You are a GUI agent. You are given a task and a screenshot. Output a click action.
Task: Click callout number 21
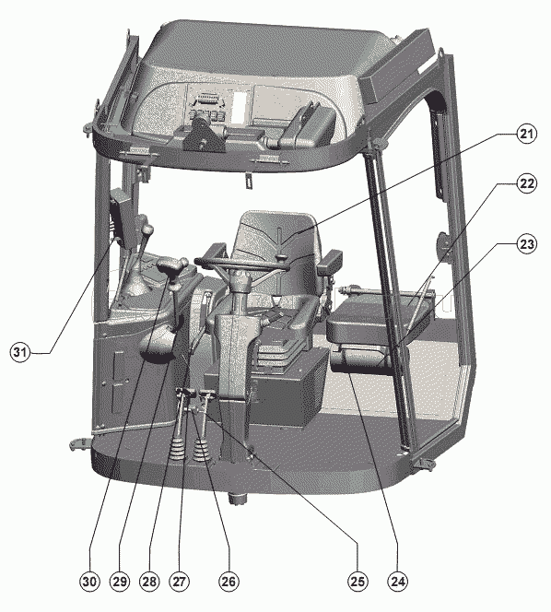pyautogui.click(x=526, y=134)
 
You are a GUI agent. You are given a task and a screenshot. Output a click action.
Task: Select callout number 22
pyautogui.click(x=526, y=183)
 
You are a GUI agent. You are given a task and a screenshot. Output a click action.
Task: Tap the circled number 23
pyautogui.click(x=526, y=244)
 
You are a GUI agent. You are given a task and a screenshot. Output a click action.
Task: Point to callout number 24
pyautogui.click(x=398, y=582)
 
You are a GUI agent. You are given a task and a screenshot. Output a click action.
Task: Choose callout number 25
pyautogui.click(x=358, y=582)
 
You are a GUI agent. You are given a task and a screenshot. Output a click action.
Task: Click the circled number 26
pyautogui.click(x=229, y=582)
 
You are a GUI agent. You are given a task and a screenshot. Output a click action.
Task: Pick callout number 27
pyautogui.click(x=179, y=582)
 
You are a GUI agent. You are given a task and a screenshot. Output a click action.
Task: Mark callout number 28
pyautogui.click(x=149, y=582)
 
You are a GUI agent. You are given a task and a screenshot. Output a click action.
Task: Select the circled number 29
pyautogui.click(x=120, y=582)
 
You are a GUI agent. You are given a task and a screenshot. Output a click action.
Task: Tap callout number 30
pyautogui.click(x=89, y=582)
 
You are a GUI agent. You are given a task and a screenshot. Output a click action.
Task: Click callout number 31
pyautogui.click(x=20, y=352)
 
